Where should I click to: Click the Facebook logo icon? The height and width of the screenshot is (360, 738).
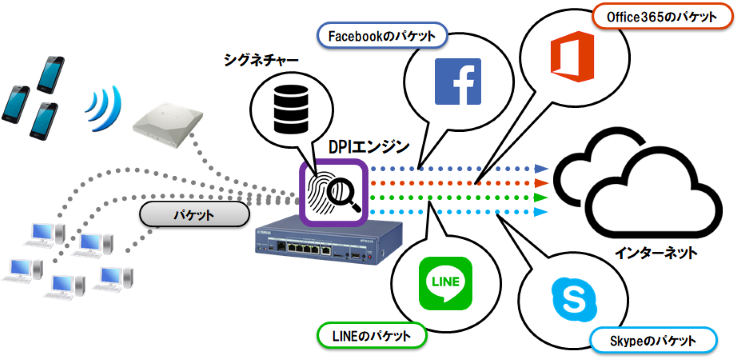pos(458,83)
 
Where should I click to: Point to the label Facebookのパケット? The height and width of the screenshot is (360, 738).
pos(383,36)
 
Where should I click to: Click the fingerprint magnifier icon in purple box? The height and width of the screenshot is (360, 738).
pos(335,190)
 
